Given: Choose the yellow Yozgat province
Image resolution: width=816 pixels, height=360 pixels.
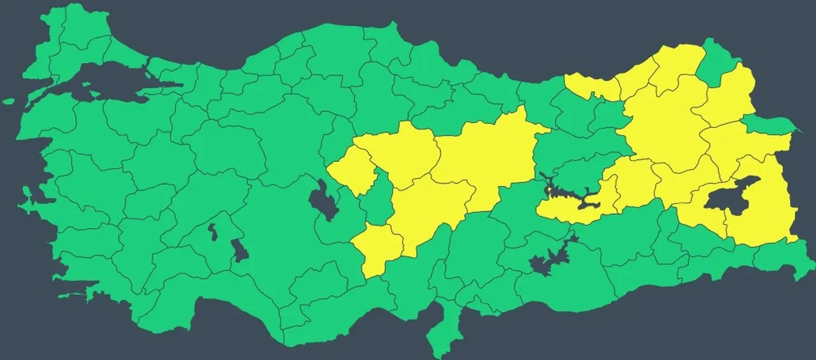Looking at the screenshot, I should pyautogui.click(x=405, y=153).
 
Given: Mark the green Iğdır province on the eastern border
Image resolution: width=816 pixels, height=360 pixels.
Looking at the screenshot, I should pyautogui.click(x=768, y=124).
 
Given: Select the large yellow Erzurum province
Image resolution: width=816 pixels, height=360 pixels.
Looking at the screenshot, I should pyautogui.click(x=663, y=127).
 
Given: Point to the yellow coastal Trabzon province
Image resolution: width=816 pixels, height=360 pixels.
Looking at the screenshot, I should pyautogui.click(x=590, y=86).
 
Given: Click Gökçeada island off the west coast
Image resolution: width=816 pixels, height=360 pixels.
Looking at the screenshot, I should pyautogui.click(x=8, y=101).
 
